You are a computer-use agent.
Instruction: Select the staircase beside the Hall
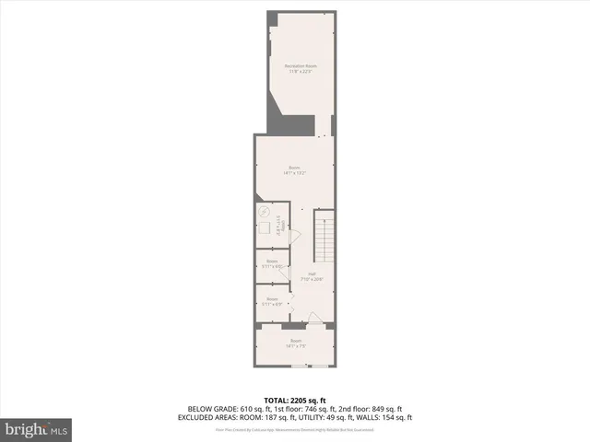click(323, 236)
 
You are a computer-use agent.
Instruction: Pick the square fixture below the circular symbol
click(265, 229)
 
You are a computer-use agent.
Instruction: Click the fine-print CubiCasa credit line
click(295, 429)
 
